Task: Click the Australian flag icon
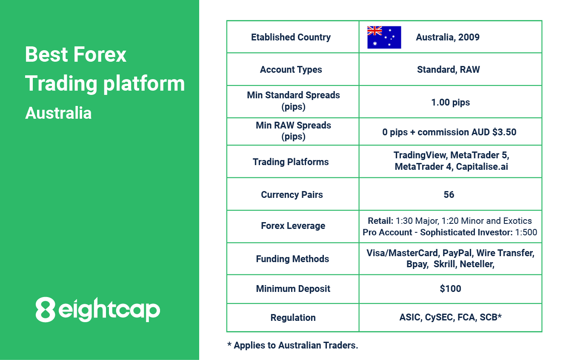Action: click(384, 37)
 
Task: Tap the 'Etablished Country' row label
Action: click(291, 37)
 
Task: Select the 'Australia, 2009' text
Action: click(448, 37)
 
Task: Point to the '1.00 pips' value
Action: click(450, 103)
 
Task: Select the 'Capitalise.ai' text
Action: click(482, 167)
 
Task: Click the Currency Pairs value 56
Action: click(449, 194)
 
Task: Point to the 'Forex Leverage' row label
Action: click(293, 226)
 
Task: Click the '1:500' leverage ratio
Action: click(526, 232)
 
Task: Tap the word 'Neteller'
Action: click(477, 264)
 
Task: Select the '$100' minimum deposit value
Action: click(450, 289)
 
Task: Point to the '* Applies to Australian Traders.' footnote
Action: click(293, 345)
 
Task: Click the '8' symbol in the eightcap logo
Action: click(45, 309)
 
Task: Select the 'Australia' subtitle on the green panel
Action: click(58, 113)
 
